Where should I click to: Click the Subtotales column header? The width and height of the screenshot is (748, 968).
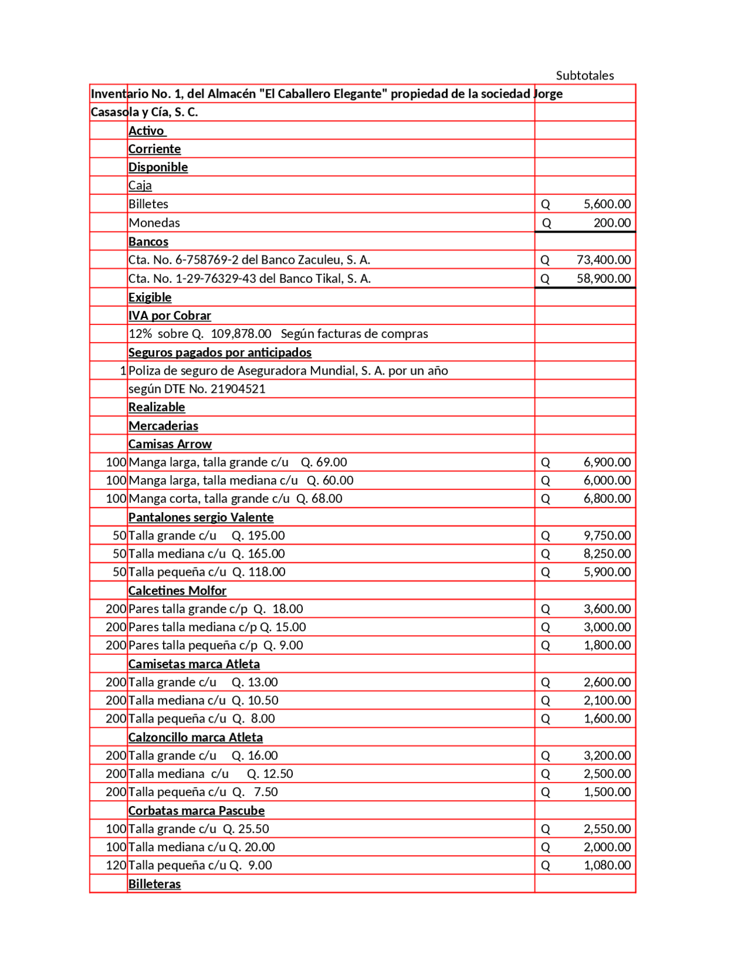584,75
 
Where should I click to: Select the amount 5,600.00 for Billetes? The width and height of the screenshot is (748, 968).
607,204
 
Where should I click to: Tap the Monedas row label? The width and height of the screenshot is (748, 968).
154,223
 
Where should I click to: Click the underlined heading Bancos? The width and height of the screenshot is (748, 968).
148,241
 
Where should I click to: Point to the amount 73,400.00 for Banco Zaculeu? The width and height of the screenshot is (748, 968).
603,260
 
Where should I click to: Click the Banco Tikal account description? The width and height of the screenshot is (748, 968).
250,278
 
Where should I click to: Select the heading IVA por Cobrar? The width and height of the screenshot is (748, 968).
169,316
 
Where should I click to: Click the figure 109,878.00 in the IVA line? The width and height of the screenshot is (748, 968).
241,334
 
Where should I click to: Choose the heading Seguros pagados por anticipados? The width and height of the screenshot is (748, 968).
220,352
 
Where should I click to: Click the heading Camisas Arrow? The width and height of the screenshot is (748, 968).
170,444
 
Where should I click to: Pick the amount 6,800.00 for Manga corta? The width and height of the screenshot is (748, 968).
607,499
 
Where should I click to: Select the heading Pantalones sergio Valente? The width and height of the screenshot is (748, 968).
201,517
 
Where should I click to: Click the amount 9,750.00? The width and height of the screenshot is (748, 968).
607,535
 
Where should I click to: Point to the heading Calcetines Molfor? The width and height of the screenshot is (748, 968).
177,590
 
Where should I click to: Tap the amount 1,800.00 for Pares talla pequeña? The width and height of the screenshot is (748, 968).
607,645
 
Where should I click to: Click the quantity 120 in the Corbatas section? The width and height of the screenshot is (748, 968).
116,865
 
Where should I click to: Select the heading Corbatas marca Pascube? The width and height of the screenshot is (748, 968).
196,811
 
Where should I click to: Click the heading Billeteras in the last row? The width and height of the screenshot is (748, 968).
154,884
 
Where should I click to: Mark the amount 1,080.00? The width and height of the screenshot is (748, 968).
607,865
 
